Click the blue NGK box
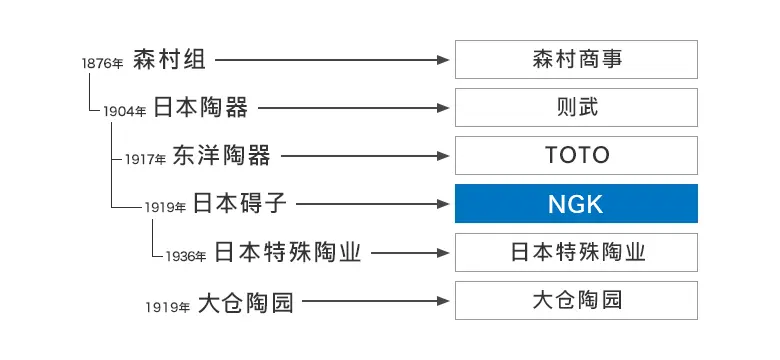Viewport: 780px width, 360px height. tap(576, 204)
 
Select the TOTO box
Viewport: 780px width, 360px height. tap(576, 156)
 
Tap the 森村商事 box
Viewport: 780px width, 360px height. tap(576, 60)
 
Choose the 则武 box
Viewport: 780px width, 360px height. tap(576, 108)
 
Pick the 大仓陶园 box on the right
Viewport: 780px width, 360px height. tap(576, 300)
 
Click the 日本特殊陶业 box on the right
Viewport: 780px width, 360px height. tap(576, 252)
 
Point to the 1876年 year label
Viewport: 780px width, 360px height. tap(103, 63)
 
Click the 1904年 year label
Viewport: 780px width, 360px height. tap(125, 111)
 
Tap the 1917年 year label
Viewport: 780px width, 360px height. tap(146, 159)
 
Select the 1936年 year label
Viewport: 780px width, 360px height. tap(186, 256)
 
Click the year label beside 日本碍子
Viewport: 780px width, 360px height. tap(165, 207)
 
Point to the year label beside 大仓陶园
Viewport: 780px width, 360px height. tap(167, 306)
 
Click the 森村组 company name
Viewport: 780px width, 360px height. tap(169, 60)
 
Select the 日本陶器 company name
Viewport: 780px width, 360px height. tap(201, 108)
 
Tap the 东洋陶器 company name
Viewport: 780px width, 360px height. tap(221, 156)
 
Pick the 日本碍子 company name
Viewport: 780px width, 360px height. tap(240, 204)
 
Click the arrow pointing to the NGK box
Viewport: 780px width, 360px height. tap(370, 204)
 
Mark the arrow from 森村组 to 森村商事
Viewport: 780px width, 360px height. tap(330, 60)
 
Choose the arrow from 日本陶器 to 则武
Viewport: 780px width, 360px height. tap(350, 108)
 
